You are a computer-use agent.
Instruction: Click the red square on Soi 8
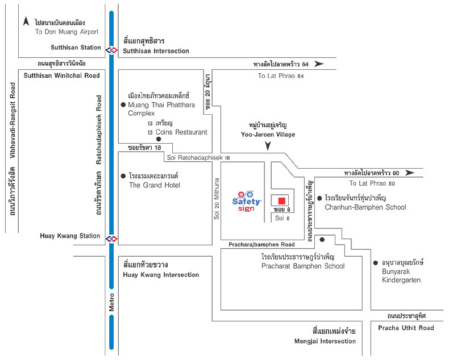tap(281, 200)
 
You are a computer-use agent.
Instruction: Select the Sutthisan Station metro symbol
tap(111, 49)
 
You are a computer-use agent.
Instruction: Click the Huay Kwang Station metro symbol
tap(111, 238)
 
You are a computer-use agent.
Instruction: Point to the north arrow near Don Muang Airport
tap(26, 22)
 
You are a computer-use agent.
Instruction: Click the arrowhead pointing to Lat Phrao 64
tap(319, 64)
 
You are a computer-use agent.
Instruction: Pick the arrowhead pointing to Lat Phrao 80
tap(410, 173)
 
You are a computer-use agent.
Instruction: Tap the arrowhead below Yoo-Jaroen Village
tap(268, 147)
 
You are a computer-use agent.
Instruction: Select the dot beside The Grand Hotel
tap(123, 177)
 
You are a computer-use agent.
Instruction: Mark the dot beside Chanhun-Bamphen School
tap(320, 198)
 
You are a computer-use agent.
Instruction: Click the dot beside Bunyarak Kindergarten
tap(376, 263)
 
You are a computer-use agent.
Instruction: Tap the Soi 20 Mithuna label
tap(217, 198)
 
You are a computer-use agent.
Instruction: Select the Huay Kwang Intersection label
tap(161, 275)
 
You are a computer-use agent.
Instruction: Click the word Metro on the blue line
tap(111, 301)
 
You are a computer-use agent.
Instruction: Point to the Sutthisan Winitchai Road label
tap(61, 76)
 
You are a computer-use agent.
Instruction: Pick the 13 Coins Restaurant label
tap(177, 132)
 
